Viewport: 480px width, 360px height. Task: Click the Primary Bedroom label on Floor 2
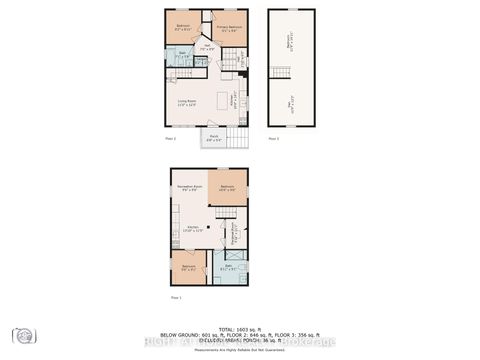[229, 28]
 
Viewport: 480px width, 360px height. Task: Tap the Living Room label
[186, 102]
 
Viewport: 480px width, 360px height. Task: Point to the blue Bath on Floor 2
[183, 57]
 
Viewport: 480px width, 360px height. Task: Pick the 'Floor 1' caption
[176, 298]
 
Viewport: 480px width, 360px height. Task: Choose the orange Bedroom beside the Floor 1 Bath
[188, 268]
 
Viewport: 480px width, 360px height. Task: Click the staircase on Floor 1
[228, 213]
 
